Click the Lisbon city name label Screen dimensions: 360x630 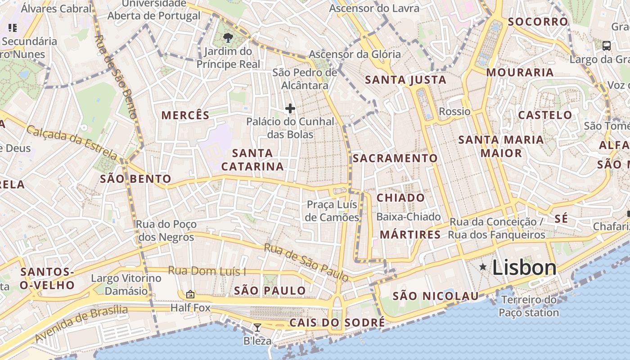click(524, 268)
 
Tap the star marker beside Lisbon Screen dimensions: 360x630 click(483, 267)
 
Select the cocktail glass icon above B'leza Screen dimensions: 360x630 click(257, 328)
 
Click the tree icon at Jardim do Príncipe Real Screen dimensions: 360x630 click(228, 38)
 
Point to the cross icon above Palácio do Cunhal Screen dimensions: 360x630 click(290, 108)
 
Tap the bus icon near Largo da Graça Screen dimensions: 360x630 click(607, 45)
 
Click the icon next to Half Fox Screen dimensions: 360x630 click(190, 294)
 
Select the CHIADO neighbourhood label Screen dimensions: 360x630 click(400, 198)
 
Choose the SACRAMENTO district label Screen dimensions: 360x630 click(395, 158)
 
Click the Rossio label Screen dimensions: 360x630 click(454, 112)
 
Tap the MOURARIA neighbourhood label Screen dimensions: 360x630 click(520, 72)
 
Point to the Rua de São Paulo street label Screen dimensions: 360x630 click(306, 262)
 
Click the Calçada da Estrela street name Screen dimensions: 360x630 click(72, 142)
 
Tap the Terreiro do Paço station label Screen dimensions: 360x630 click(529, 306)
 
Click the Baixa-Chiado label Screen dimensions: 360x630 click(408, 217)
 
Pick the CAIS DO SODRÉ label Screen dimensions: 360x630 click(337, 323)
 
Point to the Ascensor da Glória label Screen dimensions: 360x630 click(355, 54)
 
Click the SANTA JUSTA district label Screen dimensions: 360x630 click(405, 80)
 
